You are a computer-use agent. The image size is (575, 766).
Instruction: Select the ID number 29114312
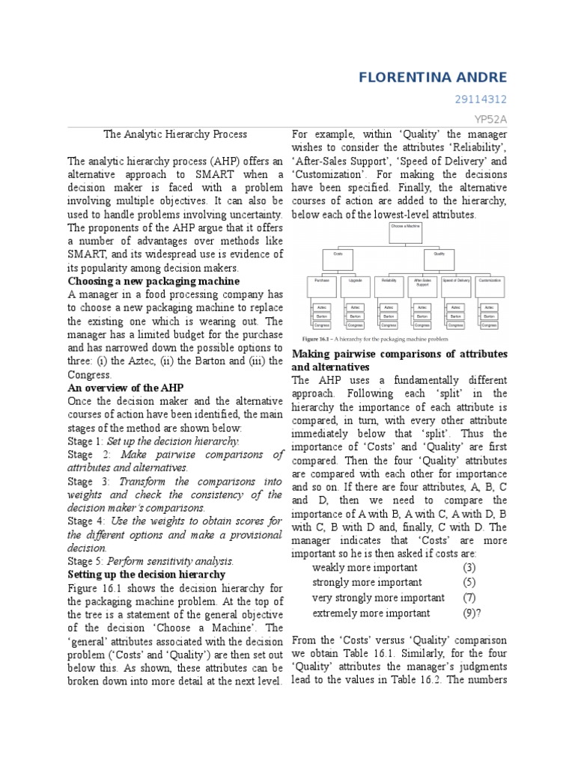pos(481,99)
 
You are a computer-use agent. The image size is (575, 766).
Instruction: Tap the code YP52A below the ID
pos(491,118)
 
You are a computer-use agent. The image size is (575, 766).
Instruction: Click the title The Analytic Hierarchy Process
pos(175,134)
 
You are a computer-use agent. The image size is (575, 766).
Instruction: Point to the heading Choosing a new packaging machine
pos(153,281)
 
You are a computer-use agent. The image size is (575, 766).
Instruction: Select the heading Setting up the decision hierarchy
pos(146,574)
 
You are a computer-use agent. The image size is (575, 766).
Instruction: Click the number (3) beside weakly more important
pos(469,567)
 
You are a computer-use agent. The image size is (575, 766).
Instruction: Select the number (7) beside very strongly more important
pos(469,598)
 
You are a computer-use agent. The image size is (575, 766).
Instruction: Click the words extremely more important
pos(371,613)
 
